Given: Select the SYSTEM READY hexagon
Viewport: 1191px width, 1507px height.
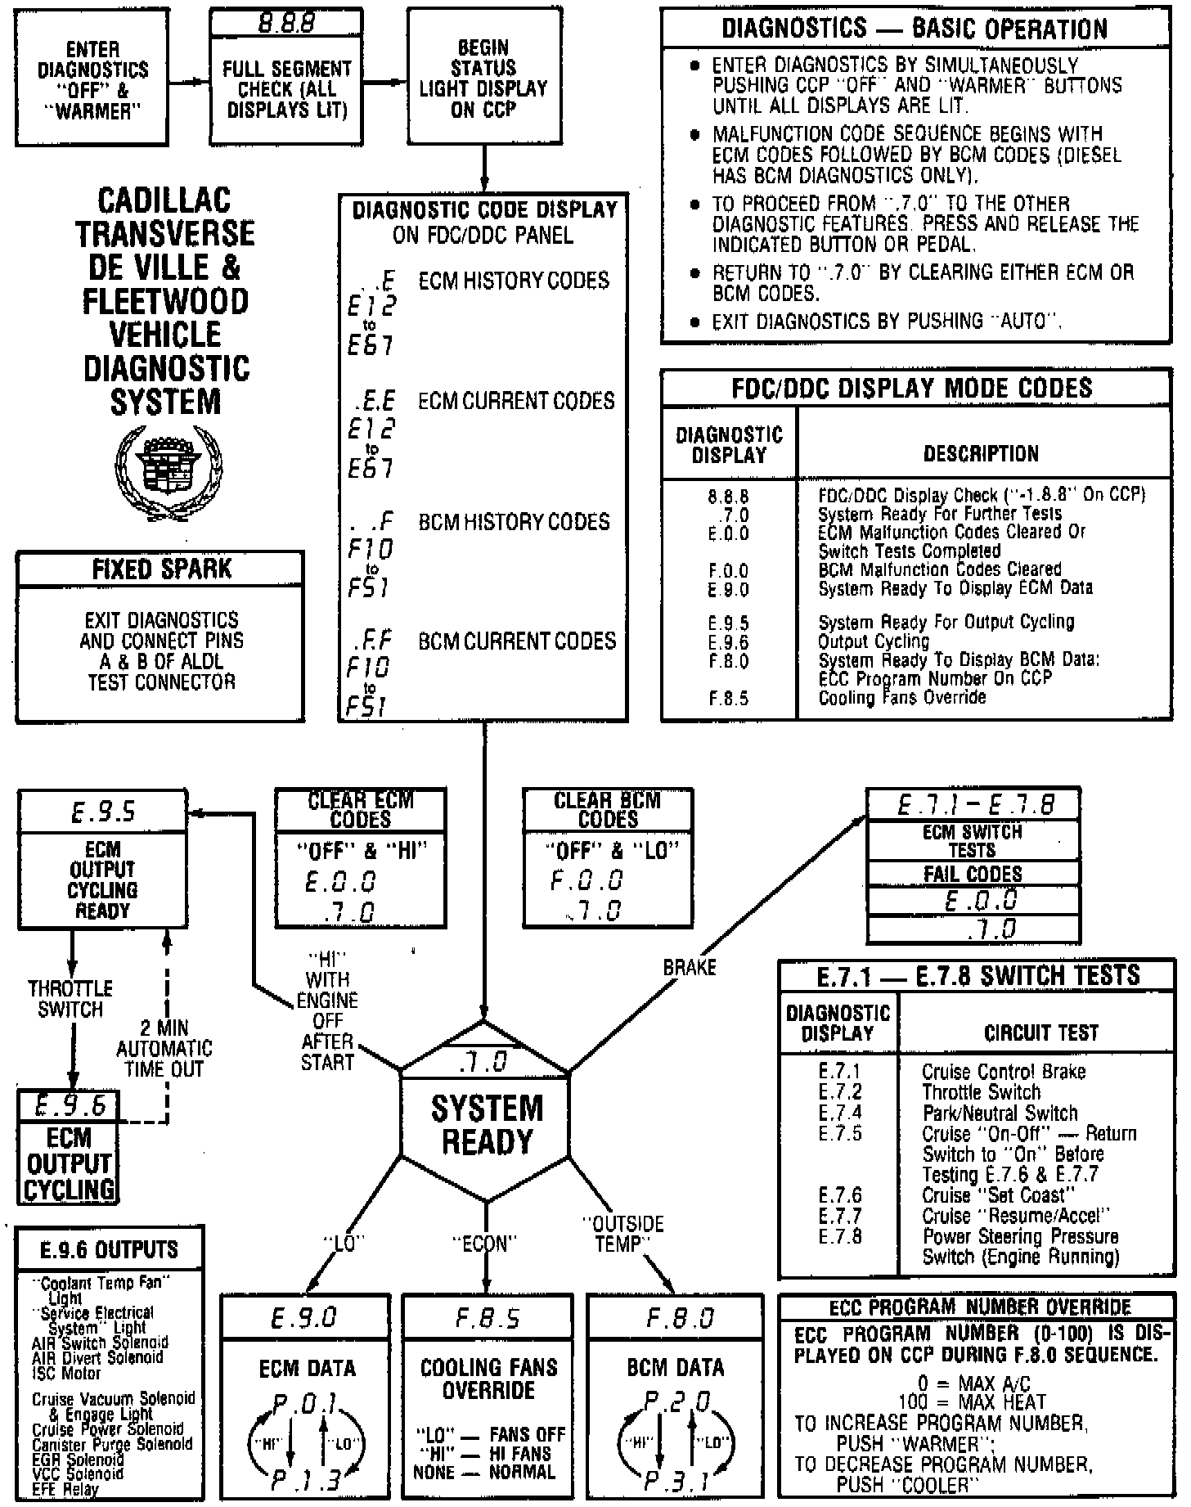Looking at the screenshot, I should coord(486,1125).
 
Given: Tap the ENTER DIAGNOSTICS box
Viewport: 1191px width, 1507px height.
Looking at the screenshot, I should coord(92,79).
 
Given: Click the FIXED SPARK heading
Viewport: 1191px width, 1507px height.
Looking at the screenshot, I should coord(161,569).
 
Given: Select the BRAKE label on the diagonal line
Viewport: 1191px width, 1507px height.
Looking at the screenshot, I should coord(690,967).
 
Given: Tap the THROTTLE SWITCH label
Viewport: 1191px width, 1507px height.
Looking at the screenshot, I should coord(70,999).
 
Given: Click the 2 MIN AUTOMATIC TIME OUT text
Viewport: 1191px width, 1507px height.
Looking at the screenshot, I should coord(164,1048).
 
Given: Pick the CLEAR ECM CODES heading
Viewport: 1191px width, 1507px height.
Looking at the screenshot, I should coord(361,810).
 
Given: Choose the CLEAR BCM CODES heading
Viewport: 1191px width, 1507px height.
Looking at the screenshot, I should coord(608,810).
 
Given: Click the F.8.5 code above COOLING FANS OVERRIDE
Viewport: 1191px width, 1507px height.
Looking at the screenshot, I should coord(488,1318).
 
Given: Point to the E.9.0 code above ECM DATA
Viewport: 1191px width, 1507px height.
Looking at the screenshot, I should coord(303,1318).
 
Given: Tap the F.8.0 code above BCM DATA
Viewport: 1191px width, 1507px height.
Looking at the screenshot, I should coord(679,1318).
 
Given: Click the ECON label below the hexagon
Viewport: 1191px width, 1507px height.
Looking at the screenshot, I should coord(485,1244).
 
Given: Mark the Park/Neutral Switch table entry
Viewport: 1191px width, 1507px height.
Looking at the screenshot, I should coord(1000,1113).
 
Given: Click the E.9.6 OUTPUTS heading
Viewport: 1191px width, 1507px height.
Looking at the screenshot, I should coord(109,1249).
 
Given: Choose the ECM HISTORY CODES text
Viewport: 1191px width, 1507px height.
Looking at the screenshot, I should coord(514,281).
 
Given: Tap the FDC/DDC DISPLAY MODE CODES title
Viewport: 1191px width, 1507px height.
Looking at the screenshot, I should coord(912,387).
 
